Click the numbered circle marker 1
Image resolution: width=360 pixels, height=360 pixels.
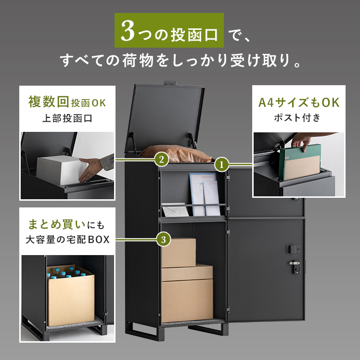coord(221,165)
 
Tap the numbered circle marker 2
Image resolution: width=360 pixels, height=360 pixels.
coord(161,159)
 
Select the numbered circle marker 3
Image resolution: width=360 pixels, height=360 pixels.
coord(164,240)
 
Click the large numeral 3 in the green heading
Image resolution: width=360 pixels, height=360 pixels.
coord(128,31)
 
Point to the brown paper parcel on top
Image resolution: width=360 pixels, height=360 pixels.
coord(175,153)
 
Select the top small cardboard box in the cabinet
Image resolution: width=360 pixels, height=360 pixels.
coord(179,253)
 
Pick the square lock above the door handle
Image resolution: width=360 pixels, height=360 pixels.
coord(293,249)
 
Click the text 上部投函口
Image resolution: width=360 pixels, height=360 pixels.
coord(67,118)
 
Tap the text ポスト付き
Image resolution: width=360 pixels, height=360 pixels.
coord(297,117)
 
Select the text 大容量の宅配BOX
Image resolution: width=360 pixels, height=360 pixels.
coord(67,240)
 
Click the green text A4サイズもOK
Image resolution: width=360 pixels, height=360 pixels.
coord(299,103)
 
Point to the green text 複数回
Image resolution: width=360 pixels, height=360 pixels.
coord(49,102)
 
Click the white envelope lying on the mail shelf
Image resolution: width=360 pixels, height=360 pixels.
coord(175,209)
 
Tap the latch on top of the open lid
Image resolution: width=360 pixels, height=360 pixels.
coord(170,83)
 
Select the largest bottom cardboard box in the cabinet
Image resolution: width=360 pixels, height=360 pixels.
coord(187,300)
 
